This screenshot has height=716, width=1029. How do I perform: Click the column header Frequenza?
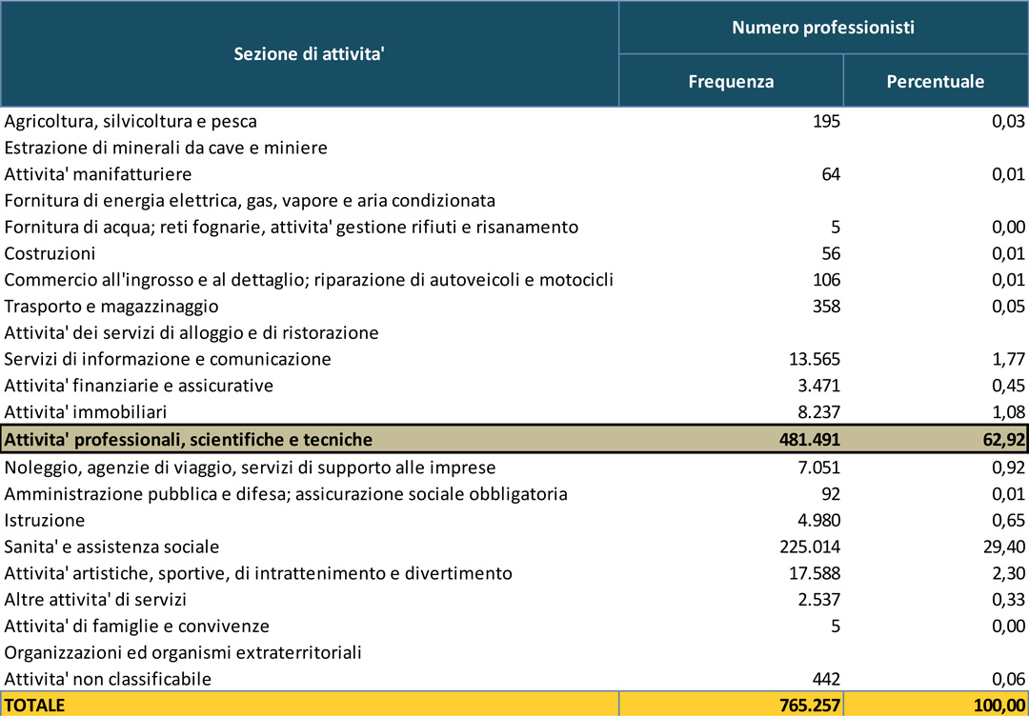point(731,81)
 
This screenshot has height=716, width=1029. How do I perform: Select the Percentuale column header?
point(935,81)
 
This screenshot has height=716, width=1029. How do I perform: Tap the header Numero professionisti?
point(823,28)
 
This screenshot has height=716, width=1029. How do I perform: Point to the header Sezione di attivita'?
point(309,54)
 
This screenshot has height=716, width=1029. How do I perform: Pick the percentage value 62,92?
point(1000,439)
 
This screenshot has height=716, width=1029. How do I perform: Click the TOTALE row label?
point(35,705)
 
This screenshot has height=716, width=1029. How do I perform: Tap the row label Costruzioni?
point(50,254)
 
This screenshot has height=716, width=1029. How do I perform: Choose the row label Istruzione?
point(45,520)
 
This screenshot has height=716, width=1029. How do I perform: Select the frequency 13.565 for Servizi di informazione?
point(815,359)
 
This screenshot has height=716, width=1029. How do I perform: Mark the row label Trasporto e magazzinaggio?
point(111,307)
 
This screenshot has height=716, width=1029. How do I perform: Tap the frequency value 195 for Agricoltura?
point(826,121)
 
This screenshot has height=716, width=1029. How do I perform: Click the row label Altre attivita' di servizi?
point(95,600)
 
